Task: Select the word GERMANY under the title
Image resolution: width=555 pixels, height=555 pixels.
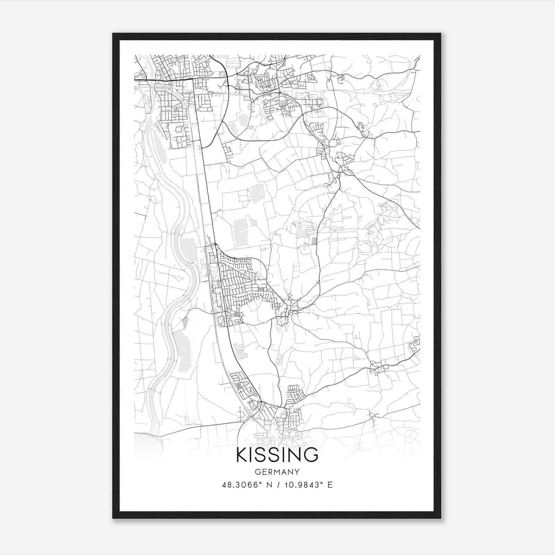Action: coord(277,472)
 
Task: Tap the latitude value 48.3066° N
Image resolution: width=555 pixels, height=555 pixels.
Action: coord(247,485)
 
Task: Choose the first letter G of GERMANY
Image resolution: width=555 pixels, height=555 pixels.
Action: coord(257,472)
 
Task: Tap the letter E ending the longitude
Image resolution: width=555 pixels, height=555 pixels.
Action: coord(330,485)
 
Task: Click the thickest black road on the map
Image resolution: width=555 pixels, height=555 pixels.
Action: coord(163,80)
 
